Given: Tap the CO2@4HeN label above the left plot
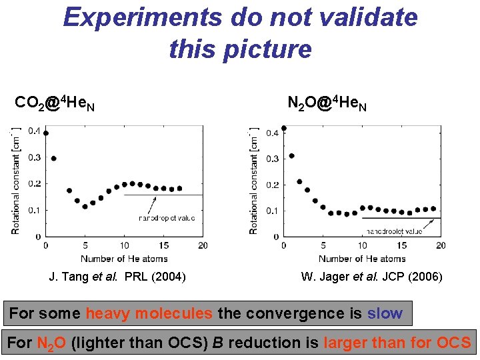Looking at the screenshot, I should coord(55,104).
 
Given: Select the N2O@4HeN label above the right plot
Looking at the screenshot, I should coord(327,103).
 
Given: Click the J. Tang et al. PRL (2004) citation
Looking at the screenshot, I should coord(117,277).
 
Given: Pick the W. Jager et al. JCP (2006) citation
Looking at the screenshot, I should coord(371,277).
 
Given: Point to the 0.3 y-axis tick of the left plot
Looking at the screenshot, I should coord(33,157).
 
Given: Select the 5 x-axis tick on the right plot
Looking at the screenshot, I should coord(323,246).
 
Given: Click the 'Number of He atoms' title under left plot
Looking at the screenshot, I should coord(124,258).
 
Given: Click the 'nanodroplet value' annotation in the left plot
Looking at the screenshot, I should coord(167,218).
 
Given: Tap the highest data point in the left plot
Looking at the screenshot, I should coord(46,133).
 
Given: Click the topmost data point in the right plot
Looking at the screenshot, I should coord(284,128).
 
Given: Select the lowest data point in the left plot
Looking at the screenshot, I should coord(85,206).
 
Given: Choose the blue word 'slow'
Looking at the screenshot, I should coord(385,313).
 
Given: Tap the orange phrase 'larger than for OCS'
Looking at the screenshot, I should coord(397,343).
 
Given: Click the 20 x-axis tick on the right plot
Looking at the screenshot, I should coord(440,246).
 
